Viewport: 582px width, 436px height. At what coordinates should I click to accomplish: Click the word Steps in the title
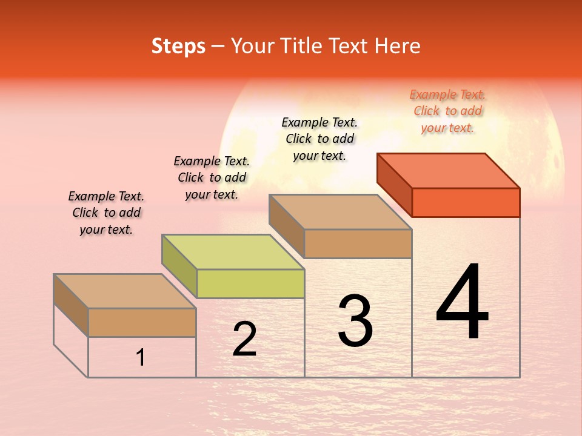(x=178, y=46)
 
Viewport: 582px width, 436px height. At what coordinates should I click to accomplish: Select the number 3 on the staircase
(x=355, y=321)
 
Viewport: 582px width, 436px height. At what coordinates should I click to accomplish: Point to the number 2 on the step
(x=244, y=339)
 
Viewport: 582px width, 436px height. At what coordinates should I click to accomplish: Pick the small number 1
(x=141, y=357)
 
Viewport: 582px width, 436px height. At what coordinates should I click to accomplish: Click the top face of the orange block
(x=449, y=170)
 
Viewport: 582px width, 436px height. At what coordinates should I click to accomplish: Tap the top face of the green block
(x=233, y=251)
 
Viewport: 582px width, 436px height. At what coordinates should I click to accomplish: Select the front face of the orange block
(x=466, y=202)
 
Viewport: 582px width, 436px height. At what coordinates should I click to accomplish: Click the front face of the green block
(x=250, y=283)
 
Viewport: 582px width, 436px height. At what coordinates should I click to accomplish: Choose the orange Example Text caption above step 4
(x=447, y=111)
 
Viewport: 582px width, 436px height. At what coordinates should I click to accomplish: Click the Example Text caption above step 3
(x=319, y=139)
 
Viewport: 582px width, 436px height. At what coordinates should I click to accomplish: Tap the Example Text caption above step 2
(x=212, y=177)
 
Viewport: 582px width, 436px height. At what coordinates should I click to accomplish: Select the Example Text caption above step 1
(x=106, y=213)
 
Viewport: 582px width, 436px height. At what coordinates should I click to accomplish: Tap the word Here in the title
(x=398, y=46)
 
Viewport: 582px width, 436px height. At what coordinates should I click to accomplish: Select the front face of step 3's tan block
(x=358, y=243)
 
